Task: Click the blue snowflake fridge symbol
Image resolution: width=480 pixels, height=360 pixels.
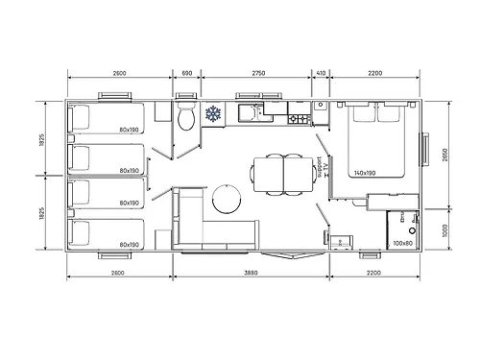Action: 212,114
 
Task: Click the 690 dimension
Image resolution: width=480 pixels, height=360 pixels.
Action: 187,74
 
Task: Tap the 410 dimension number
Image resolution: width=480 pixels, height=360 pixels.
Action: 320,74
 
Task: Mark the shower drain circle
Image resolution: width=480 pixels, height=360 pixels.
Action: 414,229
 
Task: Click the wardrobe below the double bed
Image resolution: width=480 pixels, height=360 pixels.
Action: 392,202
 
